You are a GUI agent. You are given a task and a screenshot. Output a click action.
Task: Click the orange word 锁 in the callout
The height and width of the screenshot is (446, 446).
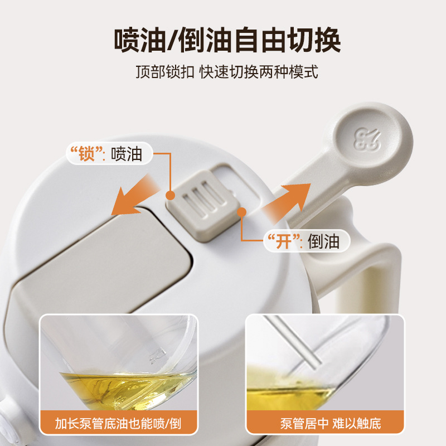86,154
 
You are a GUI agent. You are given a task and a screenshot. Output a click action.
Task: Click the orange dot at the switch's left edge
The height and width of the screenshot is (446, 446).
170,195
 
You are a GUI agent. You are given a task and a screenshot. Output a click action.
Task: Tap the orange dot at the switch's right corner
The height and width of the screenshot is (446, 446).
241,211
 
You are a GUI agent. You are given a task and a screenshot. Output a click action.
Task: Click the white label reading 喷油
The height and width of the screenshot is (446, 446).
127,154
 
